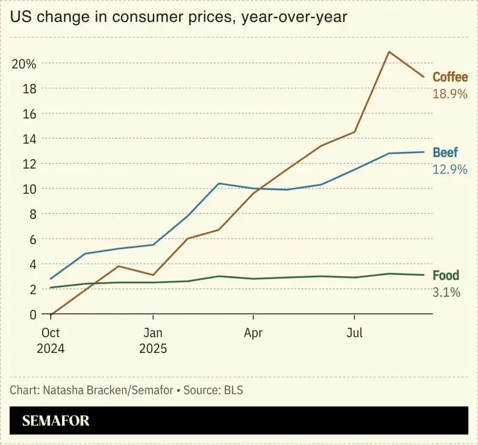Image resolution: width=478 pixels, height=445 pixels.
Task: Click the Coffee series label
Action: click(450, 77)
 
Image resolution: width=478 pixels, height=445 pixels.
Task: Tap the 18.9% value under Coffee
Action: click(450, 94)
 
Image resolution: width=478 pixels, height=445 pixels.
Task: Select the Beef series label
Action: click(445, 153)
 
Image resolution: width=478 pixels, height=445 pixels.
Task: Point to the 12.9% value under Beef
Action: click(450, 169)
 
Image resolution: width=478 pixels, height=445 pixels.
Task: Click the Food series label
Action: click(446, 275)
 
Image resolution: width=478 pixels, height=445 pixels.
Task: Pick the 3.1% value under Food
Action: click(446, 292)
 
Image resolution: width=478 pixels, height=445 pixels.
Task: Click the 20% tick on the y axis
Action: click(24, 64)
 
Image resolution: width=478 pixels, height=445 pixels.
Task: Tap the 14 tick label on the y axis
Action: click(29, 139)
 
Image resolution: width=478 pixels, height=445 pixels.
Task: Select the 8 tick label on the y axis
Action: click(33, 215)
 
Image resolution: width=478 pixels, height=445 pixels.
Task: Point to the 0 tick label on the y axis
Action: click(33, 315)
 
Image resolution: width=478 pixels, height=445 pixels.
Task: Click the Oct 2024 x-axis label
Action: click(51, 340)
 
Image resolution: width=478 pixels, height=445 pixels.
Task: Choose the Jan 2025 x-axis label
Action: click(153, 340)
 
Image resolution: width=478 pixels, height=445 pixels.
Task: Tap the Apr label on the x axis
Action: click(253, 333)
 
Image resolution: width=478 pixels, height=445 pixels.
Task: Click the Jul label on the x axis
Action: click(354, 333)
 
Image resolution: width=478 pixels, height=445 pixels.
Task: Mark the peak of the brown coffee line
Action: click(389, 51)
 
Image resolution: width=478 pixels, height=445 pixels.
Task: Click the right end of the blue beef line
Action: click(424, 152)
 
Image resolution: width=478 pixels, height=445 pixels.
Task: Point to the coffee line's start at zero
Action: click(51, 314)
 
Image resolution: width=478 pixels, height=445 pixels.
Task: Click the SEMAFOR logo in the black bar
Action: click(56, 420)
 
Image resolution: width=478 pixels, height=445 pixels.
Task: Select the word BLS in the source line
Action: click(234, 390)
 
